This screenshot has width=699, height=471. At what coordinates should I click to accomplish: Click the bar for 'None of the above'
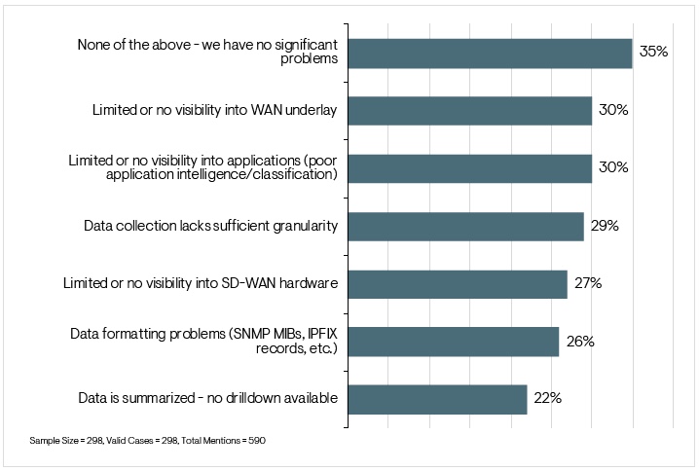click(490, 53)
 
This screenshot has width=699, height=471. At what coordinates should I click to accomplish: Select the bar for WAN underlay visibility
click(469, 110)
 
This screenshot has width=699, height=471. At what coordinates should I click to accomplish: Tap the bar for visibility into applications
click(469, 167)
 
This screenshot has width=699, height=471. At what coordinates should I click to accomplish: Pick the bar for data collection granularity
click(465, 226)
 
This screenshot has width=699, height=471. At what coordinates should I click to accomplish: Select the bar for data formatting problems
click(453, 341)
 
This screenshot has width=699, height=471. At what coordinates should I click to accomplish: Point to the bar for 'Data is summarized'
click(437, 398)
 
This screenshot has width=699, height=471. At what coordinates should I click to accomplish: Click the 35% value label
click(653, 52)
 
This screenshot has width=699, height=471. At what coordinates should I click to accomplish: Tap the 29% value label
click(605, 226)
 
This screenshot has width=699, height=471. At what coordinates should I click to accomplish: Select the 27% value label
click(588, 283)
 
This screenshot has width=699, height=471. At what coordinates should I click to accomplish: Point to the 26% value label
click(580, 342)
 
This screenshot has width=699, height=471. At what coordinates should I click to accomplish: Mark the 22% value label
click(547, 398)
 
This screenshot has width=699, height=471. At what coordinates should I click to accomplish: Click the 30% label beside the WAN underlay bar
click(613, 110)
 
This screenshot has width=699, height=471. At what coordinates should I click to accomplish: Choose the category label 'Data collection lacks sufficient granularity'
click(211, 226)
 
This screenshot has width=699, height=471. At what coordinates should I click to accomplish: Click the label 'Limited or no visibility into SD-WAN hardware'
click(200, 283)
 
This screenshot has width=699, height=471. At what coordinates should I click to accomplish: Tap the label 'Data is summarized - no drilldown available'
click(207, 398)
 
